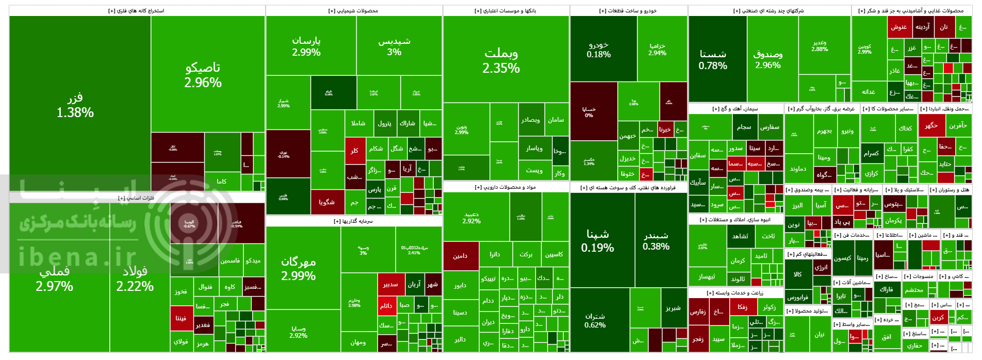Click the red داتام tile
coord(386,305)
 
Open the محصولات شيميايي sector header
coord(353,11)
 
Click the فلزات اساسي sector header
coord(137,198)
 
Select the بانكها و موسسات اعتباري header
coord(505,11)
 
